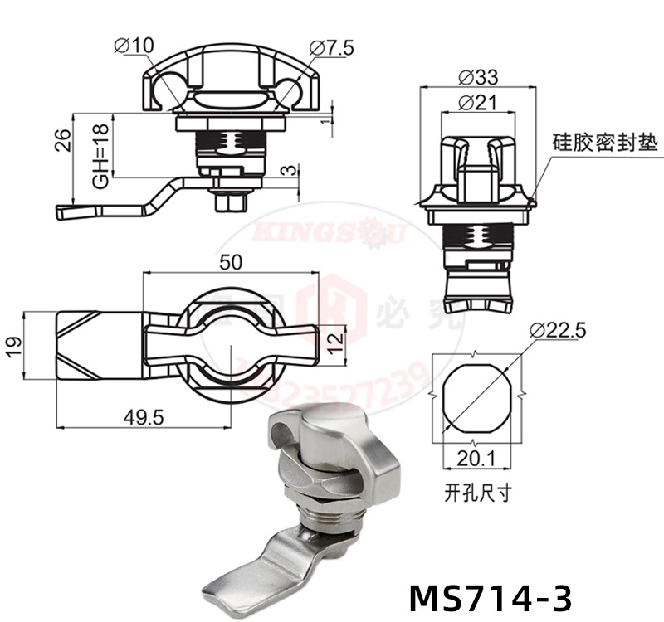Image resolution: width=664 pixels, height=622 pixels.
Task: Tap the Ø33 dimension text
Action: [x=476, y=78]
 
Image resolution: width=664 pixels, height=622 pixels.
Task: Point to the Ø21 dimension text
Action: [x=476, y=103]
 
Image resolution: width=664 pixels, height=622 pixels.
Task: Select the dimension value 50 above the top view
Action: [x=231, y=262]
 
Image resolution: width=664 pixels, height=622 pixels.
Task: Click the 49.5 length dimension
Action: [x=143, y=417]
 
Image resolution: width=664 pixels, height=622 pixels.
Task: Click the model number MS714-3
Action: [x=491, y=596]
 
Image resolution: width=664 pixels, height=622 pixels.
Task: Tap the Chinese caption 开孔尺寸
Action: [x=477, y=493]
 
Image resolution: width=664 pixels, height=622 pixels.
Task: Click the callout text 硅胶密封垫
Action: [x=604, y=143]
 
